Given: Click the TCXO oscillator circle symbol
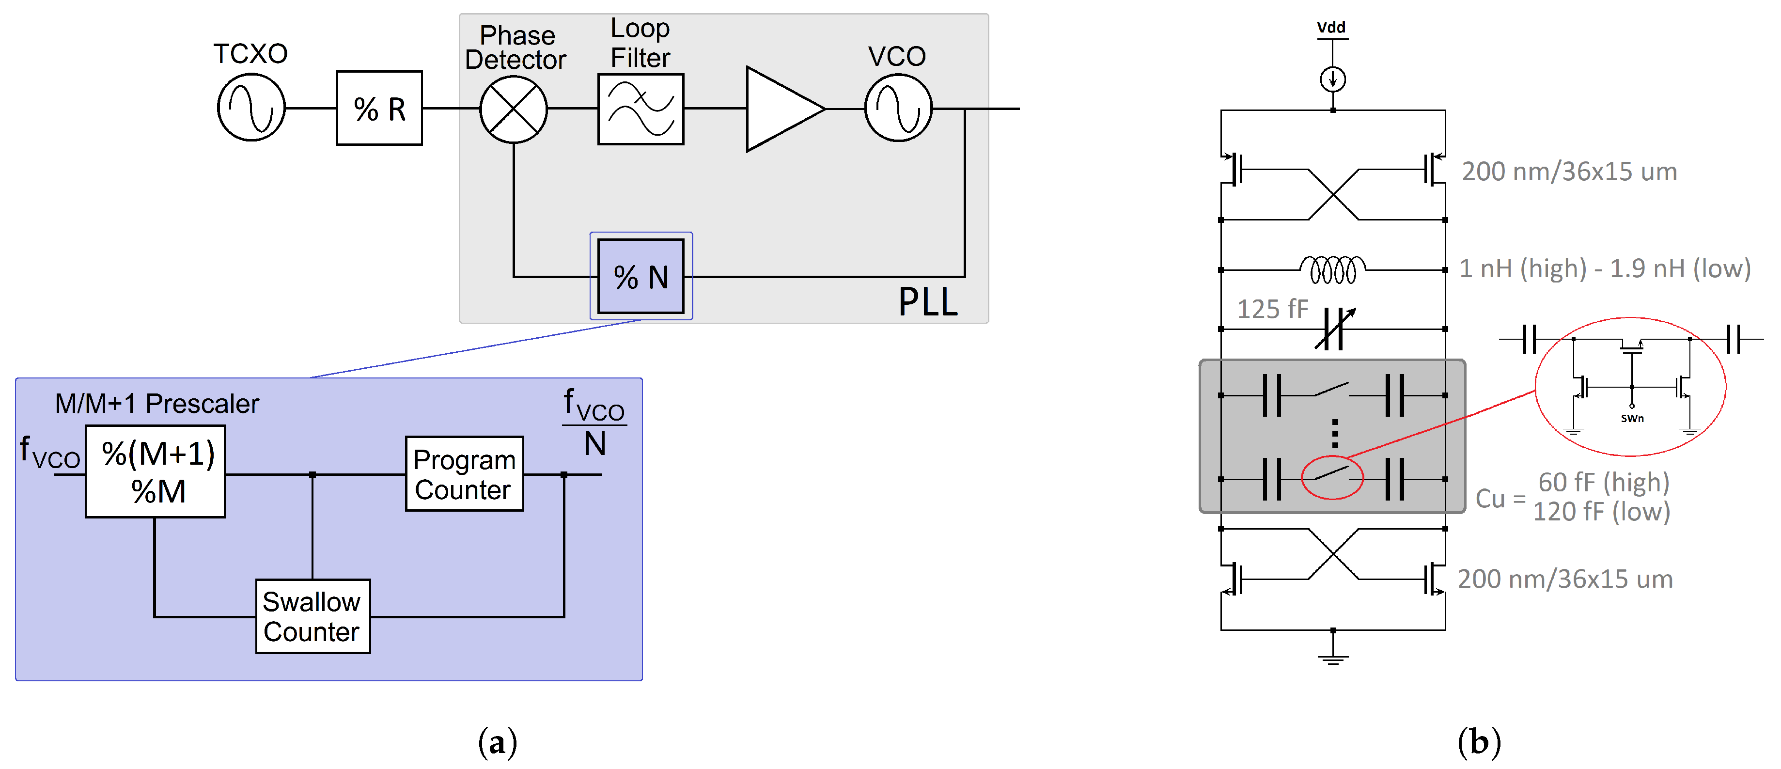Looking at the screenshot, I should click(251, 108).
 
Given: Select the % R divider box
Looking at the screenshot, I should click(379, 109).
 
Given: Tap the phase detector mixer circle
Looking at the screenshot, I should click(513, 109).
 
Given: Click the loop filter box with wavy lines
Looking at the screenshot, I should click(640, 109).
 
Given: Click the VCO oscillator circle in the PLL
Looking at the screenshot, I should click(898, 109).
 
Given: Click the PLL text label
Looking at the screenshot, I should click(927, 302).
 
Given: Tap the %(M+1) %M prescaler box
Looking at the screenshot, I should click(156, 471).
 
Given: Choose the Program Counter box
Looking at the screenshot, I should click(464, 474).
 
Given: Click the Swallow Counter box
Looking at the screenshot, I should click(312, 616).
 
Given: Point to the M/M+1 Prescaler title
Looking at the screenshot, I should click(157, 403).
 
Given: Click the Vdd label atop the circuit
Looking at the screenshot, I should click(1331, 28).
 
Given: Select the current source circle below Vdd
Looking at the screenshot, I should click(1332, 79).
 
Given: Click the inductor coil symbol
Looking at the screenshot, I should click(1332, 270).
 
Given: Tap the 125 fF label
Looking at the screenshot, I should click(1272, 309).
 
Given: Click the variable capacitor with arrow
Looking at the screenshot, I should click(1334, 329).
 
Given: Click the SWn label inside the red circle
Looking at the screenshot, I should click(1632, 418).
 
